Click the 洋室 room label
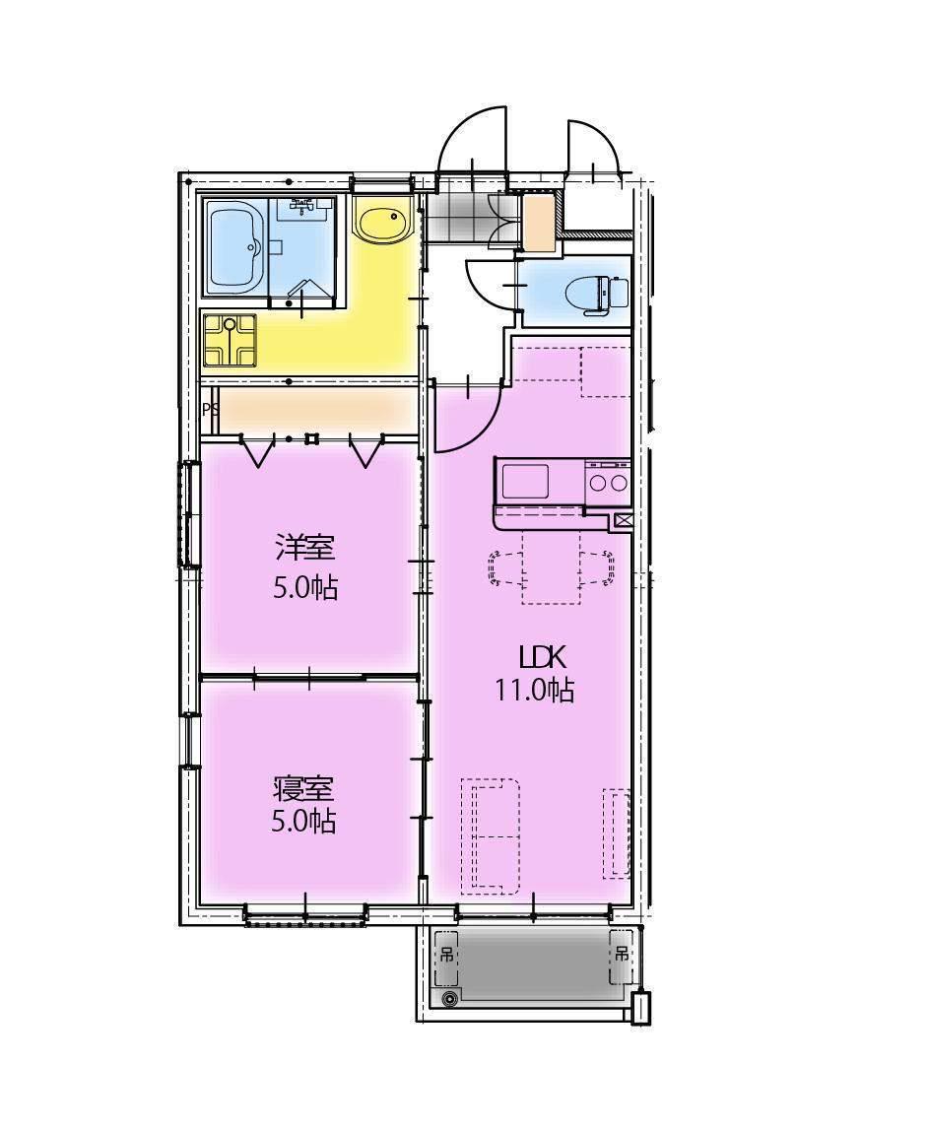tap(305, 547)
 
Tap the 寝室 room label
tap(303, 788)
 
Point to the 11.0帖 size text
tap(534, 691)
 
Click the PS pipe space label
tap(211, 409)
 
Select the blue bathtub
tap(236, 247)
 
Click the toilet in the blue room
tap(596, 294)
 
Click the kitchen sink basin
tap(525, 481)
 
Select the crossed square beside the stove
tap(622, 520)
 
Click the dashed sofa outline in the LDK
tap(490, 835)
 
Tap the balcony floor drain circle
tap(450, 999)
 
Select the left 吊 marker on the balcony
tap(446, 955)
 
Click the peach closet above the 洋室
tap(318, 411)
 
